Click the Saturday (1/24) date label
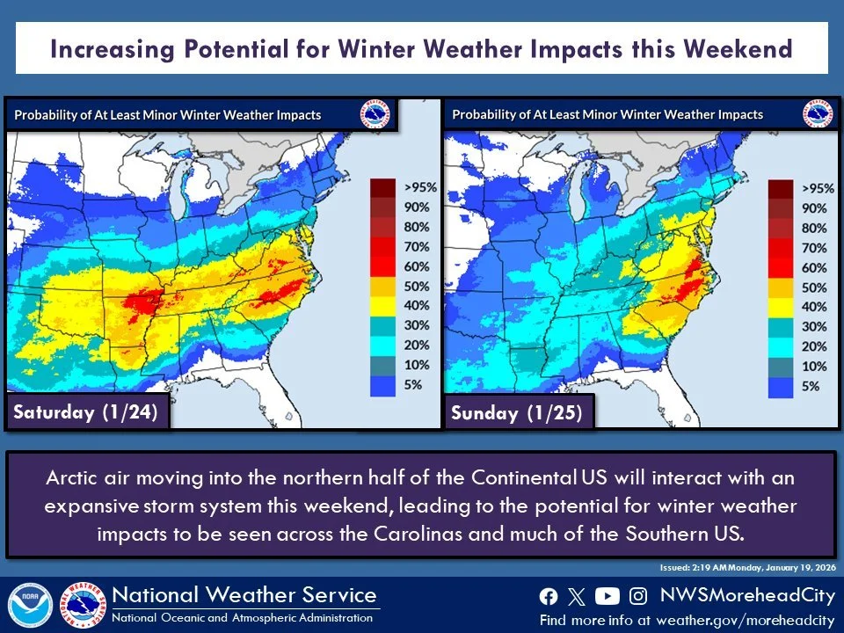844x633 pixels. point(84,412)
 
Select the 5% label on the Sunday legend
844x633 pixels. point(813,385)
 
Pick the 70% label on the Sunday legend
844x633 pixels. point(814,248)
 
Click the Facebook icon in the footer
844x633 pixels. point(548,597)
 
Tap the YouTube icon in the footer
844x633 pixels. point(607,597)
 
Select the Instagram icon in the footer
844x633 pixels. point(639,597)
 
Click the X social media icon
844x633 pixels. point(577,597)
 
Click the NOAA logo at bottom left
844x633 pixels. point(30,606)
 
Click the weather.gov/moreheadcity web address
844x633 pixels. point(746,620)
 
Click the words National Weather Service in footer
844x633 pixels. point(244,595)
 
